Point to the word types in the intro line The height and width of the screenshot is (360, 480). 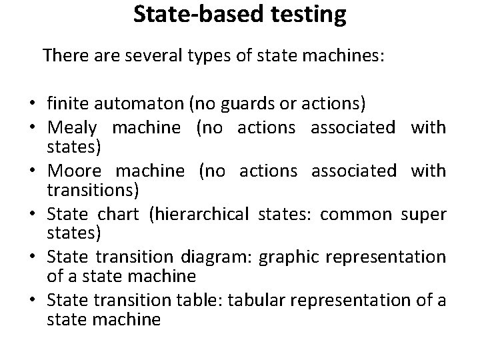197,55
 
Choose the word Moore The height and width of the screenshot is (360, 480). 71,171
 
